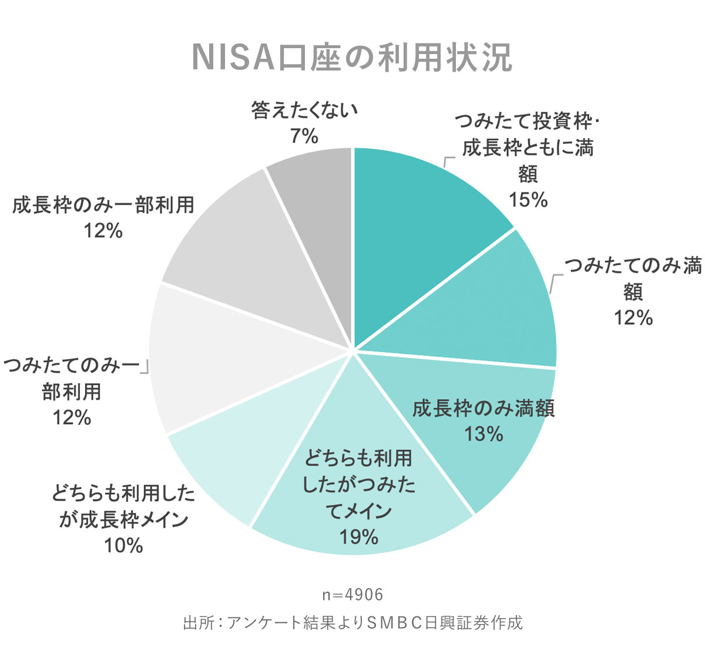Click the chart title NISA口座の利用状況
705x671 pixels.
click(x=352, y=57)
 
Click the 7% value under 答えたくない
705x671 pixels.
click(x=304, y=136)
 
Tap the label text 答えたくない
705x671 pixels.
click(x=304, y=110)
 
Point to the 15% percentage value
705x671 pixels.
click(x=528, y=200)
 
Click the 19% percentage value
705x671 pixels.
click(x=358, y=536)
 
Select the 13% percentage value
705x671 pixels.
click(x=484, y=434)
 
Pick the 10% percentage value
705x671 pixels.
click(x=123, y=546)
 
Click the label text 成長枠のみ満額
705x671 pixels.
click(x=484, y=408)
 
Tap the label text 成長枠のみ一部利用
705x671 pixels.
click(x=103, y=205)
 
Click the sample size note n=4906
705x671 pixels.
click(x=352, y=595)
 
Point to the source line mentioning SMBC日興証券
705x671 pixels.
click(x=352, y=623)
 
